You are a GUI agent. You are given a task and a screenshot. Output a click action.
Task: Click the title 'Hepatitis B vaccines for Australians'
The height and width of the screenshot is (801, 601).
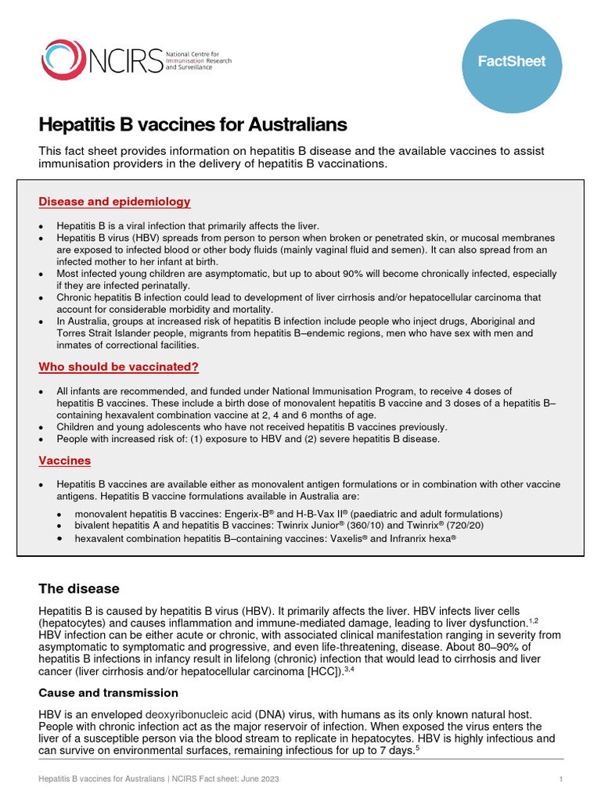coord(193,125)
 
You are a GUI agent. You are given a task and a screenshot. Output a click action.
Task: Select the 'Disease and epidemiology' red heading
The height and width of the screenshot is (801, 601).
coord(114,202)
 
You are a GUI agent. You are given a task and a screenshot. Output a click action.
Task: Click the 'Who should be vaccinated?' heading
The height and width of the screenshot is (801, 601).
coord(118,367)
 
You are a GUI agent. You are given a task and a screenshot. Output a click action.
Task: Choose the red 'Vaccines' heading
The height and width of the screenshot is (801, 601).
coord(65,461)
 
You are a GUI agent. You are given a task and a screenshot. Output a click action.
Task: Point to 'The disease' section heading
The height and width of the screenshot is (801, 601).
coord(79,589)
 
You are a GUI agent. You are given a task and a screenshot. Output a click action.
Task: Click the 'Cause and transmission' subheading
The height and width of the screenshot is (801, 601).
coord(109,693)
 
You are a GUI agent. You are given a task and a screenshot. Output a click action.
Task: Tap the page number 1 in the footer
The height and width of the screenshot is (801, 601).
coord(561,780)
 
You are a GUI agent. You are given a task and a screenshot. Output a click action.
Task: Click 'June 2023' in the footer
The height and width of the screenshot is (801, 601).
coord(259,780)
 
